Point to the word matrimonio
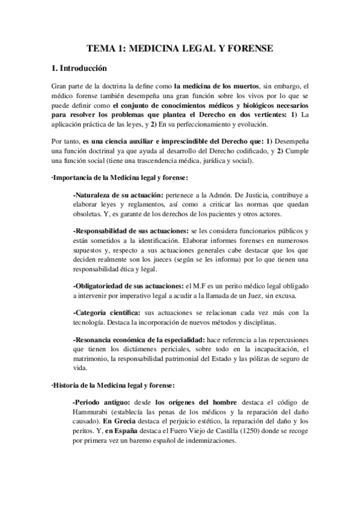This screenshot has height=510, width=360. (92, 359)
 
